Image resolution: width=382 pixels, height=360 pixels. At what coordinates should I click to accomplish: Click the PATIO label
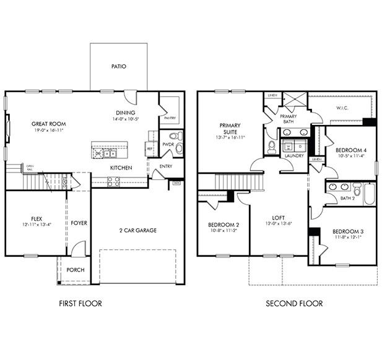point(119,66)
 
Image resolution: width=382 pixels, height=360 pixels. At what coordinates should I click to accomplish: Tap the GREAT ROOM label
point(48,124)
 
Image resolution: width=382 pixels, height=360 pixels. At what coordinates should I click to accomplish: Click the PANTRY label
point(170,118)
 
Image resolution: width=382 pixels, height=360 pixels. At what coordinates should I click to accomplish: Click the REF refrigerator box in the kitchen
point(149,148)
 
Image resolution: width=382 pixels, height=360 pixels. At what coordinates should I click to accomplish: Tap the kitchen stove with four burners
point(114,181)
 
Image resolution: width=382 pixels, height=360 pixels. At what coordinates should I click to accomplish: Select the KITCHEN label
point(121,168)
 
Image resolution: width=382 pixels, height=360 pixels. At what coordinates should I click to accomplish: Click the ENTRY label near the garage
point(166,166)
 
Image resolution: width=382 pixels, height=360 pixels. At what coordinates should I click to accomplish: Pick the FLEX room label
point(37,218)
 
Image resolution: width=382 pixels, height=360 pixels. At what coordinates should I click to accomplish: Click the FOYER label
point(79,223)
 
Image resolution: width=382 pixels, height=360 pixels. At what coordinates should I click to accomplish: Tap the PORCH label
point(76,270)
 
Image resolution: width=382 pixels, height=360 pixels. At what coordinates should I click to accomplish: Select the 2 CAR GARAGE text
point(137,230)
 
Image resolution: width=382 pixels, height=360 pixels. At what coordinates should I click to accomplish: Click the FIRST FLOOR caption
point(80,303)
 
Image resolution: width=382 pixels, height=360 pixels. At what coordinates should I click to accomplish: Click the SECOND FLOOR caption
point(294,303)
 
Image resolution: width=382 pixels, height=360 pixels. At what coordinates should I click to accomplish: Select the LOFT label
point(278,218)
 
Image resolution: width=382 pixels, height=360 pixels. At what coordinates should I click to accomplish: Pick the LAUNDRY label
point(295,156)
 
